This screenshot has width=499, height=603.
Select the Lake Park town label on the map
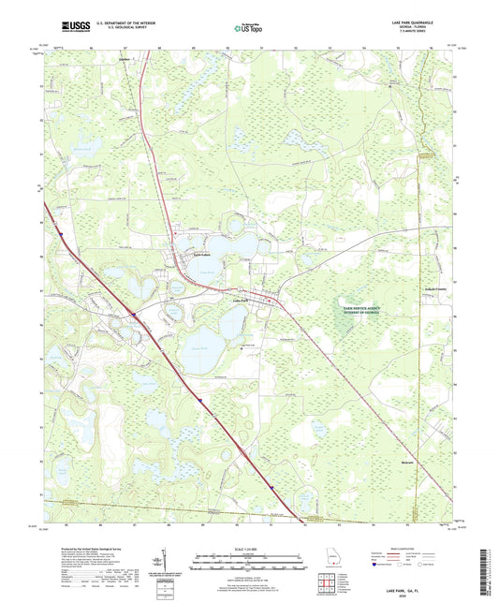[241, 300]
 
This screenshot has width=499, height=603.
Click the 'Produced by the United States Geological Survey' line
[95, 550]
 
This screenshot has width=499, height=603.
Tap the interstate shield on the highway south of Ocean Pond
[199, 400]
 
